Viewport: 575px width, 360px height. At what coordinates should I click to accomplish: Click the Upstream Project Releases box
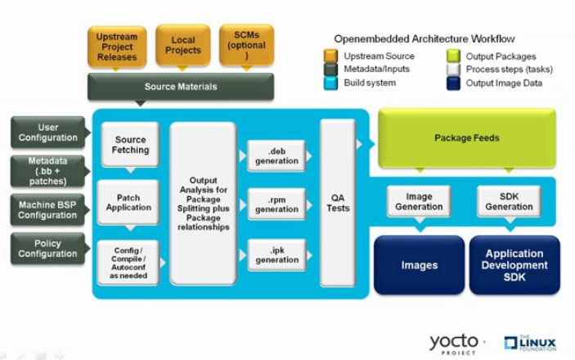click(x=116, y=47)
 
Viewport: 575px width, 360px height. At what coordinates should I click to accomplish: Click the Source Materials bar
click(x=180, y=86)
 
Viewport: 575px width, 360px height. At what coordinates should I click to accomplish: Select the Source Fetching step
click(x=130, y=145)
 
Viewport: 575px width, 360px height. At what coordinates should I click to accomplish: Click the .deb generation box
click(x=276, y=155)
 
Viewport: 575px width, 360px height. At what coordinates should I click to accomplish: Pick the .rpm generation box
click(x=276, y=204)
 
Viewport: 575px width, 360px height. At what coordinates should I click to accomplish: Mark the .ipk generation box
click(x=276, y=254)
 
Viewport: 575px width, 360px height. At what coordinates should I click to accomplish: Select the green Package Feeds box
click(x=466, y=137)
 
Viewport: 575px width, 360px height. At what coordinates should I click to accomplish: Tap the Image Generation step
click(x=413, y=201)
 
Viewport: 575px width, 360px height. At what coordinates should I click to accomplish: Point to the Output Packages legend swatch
click(x=451, y=56)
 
